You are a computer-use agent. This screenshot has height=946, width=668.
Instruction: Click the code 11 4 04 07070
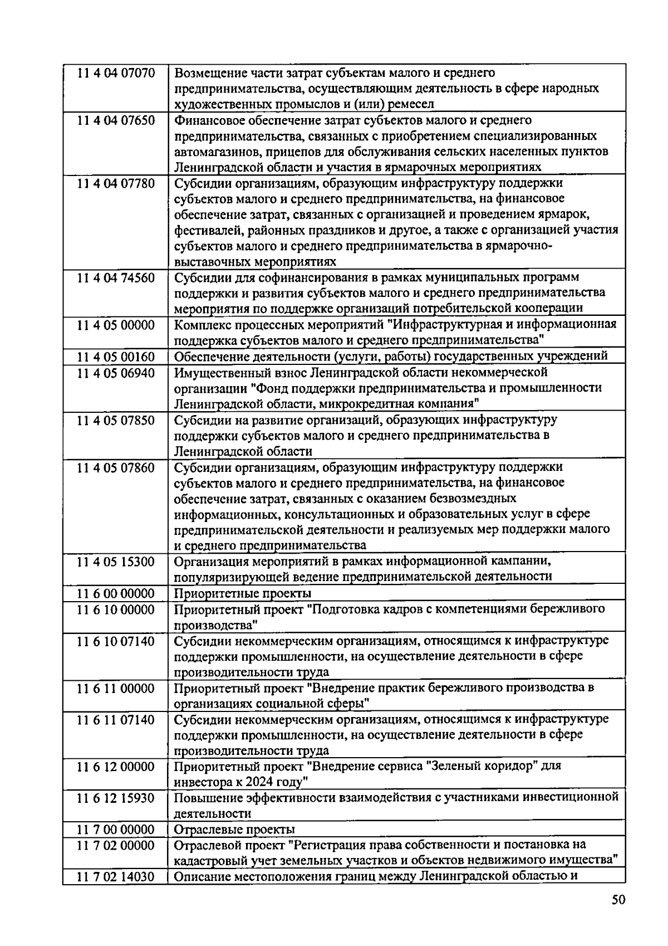click(116, 73)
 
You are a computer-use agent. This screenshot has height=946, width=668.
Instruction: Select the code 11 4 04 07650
click(116, 120)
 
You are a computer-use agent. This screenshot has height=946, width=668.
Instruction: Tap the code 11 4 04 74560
click(116, 277)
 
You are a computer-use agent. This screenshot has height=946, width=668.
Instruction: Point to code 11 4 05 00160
click(116, 357)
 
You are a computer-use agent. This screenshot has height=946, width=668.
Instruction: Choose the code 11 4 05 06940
click(116, 373)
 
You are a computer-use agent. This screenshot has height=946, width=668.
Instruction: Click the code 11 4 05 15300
click(116, 562)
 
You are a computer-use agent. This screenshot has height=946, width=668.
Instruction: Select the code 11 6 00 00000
click(116, 593)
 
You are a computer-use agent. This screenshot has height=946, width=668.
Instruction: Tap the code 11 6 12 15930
click(116, 798)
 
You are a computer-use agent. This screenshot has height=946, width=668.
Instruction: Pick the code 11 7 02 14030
click(116, 877)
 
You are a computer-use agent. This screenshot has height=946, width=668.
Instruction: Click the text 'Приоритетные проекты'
click(243, 593)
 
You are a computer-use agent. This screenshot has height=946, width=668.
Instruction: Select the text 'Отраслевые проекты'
click(234, 830)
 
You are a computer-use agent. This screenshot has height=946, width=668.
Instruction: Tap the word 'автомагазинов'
click(216, 152)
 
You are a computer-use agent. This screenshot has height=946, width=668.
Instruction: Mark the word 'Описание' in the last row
click(199, 877)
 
